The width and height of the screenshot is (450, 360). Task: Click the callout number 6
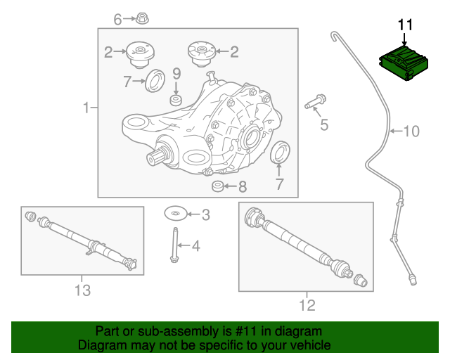click(118, 19)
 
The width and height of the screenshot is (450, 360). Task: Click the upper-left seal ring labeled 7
click(155, 80)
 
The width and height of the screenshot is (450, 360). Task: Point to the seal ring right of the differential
click(280, 153)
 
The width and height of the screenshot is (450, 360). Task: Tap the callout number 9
click(176, 73)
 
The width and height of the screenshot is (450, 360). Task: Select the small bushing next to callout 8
click(218, 186)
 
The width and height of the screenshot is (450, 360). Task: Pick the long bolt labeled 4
click(173, 245)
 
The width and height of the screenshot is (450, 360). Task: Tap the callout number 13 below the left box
click(82, 290)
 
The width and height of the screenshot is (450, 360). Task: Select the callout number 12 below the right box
click(307, 305)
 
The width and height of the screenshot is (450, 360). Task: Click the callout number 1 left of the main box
click(86, 108)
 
